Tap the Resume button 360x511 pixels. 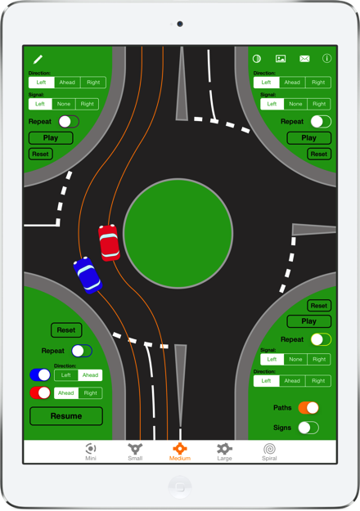pyautogui.click(x=66, y=416)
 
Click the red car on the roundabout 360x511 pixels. pyautogui.click(x=109, y=243)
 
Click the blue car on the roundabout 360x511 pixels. pyautogui.click(x=88, y=275)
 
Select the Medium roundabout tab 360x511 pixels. pyautogui.click(x=180, y=451)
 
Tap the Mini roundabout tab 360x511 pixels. pyautogui.click(x=91, y=451)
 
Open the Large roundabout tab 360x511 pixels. pyautogui.click(x=224, y=451)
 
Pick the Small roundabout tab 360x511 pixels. pyautogui.click(x=135, y=451)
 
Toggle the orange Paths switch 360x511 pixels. pyautogui.click(x=308, y=408)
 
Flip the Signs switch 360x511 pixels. pyautogui.click(x=308, y=428)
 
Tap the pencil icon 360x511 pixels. pyautogui.click(x=38, y=60)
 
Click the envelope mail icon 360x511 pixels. pyautogui.click(x=304, y=59)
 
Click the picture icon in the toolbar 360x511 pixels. pyautogui.click(x=281, y=59)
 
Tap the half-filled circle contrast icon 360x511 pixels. pyautogui.click(x=257, y=59)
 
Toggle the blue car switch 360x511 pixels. pyautogui.click(x=40, y=374)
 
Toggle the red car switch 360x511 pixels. pyautogui.click(x=40, y=392)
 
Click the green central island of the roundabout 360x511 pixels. pyautogui.click(x=178, y=233)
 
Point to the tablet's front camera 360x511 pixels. pyautogui.click(x=180, y=24)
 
